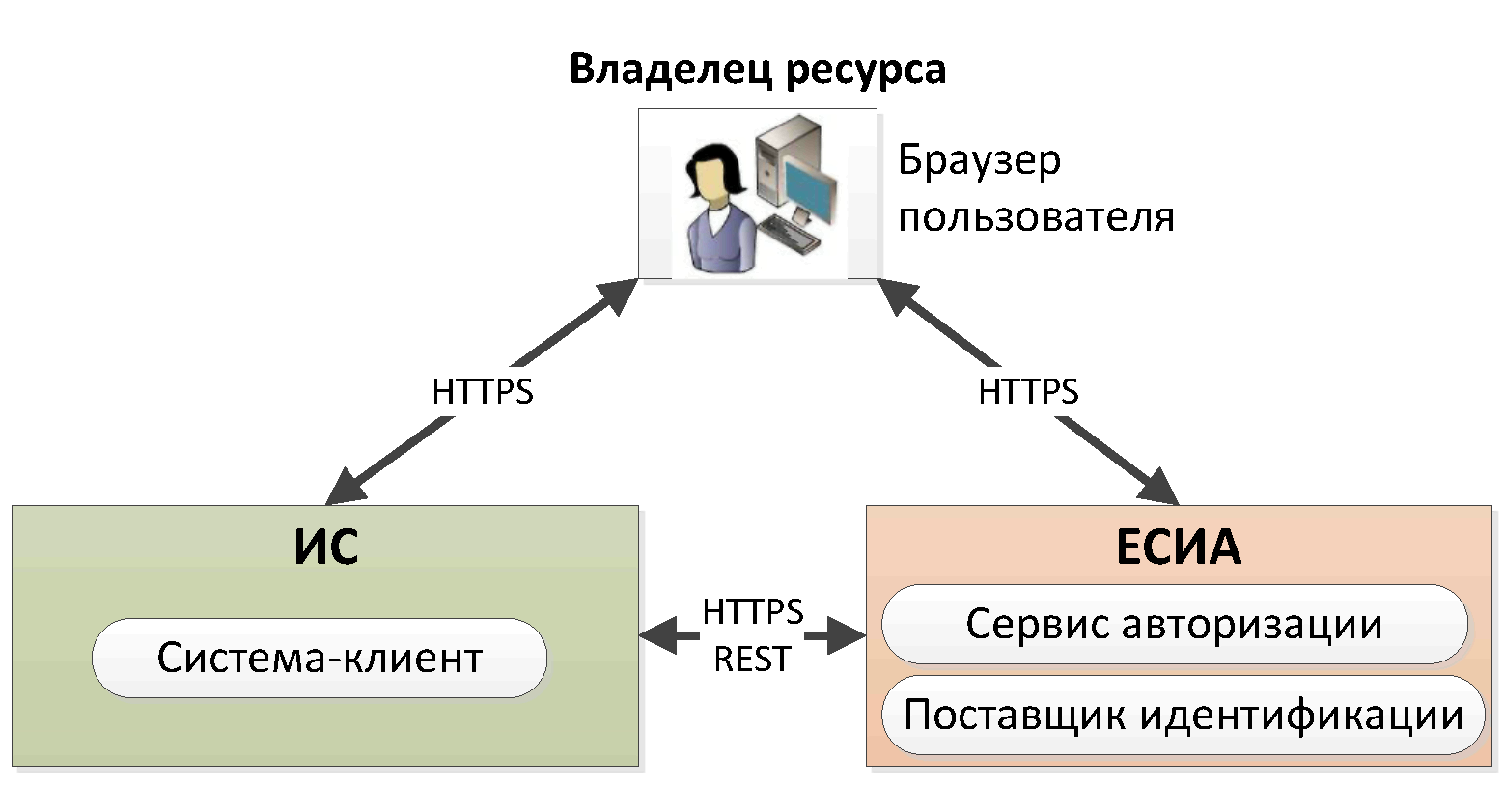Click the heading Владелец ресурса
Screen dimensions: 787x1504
tap(757, 70)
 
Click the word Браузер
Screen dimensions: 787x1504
tap(979, 160)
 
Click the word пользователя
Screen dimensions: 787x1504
tap(1036, 216)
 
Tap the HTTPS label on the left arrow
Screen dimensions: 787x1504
tap(482, 391)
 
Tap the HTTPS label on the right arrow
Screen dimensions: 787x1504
tap(1028, 391)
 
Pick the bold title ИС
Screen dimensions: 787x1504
tap(326, 548)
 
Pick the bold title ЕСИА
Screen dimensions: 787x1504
tap(1178, 548)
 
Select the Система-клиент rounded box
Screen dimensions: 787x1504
tap(320, 658)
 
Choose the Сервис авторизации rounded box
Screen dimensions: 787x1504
tap(1174, 624)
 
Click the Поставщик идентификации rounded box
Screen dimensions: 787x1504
tap(1183, 716)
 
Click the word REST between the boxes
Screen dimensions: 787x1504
tap(752, 659)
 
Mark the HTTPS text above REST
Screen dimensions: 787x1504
tap(752, 611)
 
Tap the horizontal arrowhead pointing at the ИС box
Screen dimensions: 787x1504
tap(657, 636)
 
